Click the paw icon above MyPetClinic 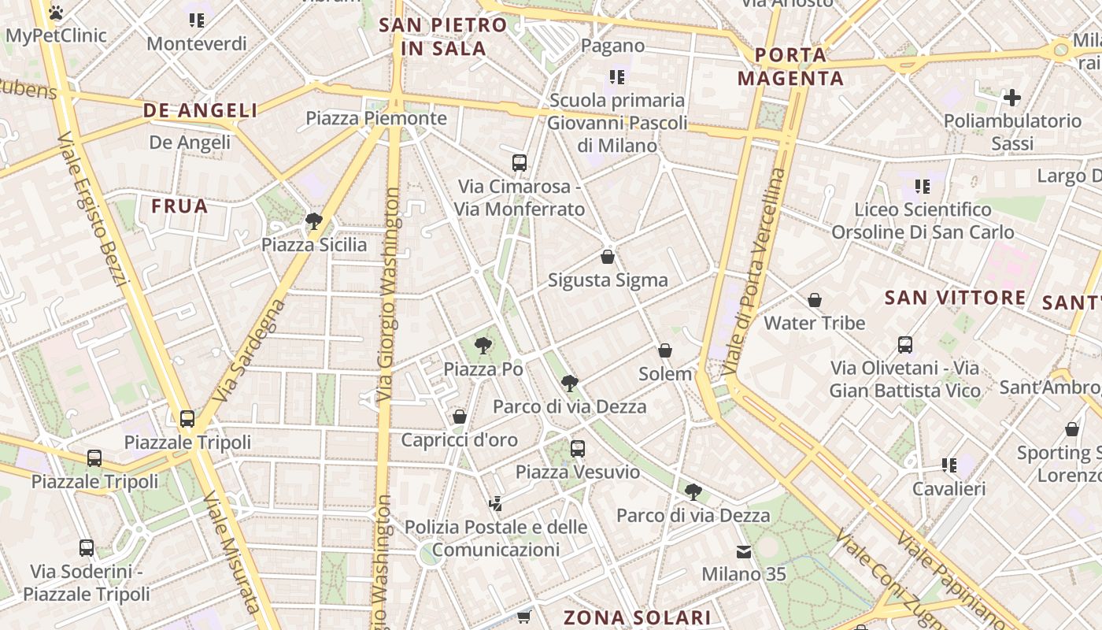click(x=55, y=13)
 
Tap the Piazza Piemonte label click(x=376, y=119)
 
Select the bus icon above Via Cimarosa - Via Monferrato click(x=520, y=163)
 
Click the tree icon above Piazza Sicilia click(x=314, y=220)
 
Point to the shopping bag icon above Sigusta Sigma click(x=608, y=256)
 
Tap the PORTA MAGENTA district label click(x=790, y=67)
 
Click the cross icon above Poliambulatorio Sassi click(x=1012, y=98)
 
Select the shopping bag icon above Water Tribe click(x=815, y=300)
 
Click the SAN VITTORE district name click(x=956, y=298)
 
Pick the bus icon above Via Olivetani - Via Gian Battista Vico click(x=905, y=344)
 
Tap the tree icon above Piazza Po click(x=483, y=345)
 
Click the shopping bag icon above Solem click(x=665, y=350)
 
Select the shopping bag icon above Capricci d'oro click(x=460, y=416)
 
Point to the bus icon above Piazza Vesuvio click(x=578, y=448)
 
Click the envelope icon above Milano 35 click(x=744, y=551)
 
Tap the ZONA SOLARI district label click(x=638, y=617)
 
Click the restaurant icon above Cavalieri click(x=949, y=465)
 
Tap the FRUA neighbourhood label click(x=179, y=206)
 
